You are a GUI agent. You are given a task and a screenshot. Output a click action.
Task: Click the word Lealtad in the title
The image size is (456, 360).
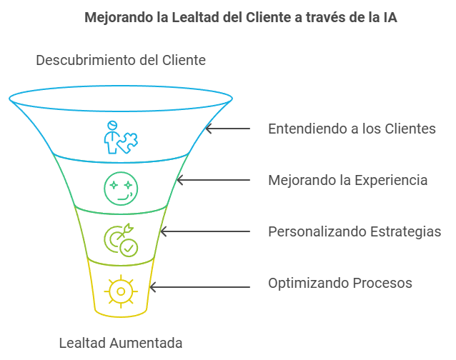coord(195,18)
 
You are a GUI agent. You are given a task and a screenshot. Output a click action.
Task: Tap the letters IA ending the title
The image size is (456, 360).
coord(389,18)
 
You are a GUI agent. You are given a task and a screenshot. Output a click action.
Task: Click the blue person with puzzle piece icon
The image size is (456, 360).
coord(119,137)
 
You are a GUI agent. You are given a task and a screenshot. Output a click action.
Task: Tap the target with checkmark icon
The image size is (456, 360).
coord(121,240)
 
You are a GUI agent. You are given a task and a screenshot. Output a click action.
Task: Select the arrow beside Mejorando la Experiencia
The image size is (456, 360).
coord(214,180)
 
